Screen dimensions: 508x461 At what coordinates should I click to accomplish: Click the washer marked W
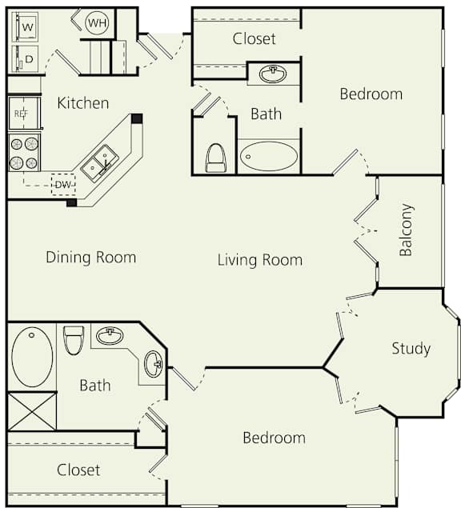click(27, 26)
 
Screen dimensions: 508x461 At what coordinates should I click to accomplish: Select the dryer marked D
click(27, 58)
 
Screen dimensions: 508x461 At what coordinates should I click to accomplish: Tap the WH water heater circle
click(97, 23)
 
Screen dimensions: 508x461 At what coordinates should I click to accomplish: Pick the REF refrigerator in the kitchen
click(23, 113)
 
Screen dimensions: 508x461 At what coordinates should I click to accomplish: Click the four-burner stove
click(24, 152)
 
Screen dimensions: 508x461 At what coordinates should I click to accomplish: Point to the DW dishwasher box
click(62, 185)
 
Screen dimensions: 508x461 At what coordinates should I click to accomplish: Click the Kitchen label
click(83, 102)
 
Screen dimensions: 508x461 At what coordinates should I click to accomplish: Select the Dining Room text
click(90, 257)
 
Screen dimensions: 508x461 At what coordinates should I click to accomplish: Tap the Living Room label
click(260, 259)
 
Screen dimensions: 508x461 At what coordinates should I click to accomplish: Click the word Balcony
click(407, 230)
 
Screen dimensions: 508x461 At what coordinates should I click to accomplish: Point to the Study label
click(411, 348)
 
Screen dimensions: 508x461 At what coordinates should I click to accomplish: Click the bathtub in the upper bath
click(269, 156)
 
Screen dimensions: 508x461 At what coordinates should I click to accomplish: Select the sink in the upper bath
click(274, 74)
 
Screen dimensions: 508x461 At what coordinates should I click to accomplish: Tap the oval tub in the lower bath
click(32, 357)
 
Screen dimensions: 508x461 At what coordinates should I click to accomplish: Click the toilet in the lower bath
click(74, 339)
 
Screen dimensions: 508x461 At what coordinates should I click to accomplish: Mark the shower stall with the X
click(32, 411)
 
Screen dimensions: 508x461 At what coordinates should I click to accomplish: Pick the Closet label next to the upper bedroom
click(255, 38)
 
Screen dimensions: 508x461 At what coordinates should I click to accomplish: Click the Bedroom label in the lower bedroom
click(275, 438)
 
